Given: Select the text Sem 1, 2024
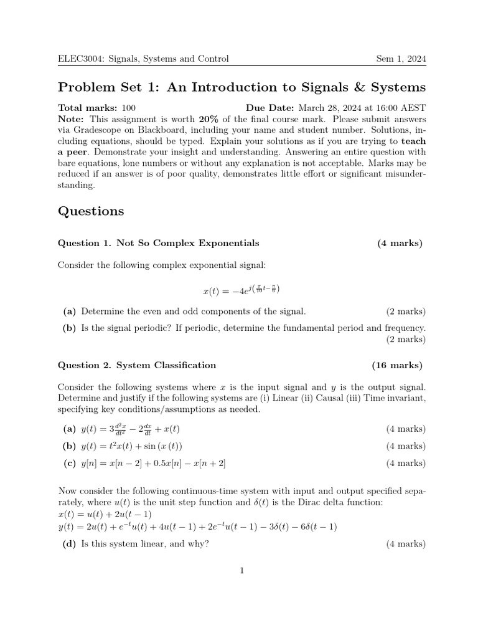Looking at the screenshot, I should (x=401, y=59).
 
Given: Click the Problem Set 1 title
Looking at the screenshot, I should (x=241, y=87).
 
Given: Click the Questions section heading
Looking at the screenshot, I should (x=91, y=211).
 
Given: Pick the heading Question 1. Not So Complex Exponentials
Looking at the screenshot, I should (x=158, y=243).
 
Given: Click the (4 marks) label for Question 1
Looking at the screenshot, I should (x=400, y=243).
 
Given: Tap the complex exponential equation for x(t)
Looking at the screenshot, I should (x=241, y=290).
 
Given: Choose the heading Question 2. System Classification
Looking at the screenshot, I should (x=137, y=365).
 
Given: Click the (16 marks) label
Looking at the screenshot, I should (x=397, y=365).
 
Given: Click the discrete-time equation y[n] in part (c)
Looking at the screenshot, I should (x=153, y=463).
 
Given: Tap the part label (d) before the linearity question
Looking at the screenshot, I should (x=69, y=544).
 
